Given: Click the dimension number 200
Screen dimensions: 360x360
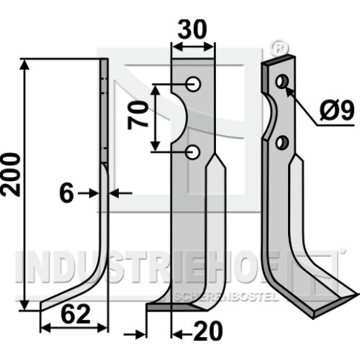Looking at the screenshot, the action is tap(10, 175).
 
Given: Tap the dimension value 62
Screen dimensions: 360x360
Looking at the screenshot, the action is tap(76, 314).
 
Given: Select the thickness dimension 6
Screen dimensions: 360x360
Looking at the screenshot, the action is tap(67, 194).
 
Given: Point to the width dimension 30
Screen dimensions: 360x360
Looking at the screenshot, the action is tap(192, 29).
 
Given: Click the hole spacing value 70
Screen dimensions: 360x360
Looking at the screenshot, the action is tap(137, 116).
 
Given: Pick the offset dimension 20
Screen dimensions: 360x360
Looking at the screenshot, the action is tap(208, 331).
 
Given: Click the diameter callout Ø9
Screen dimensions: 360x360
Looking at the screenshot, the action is tap(337, 111).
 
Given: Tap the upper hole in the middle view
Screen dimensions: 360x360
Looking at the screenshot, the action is tap(194, 85).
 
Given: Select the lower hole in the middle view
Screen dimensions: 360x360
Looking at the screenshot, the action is tap(193, 152).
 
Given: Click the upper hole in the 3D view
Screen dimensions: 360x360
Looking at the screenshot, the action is tap(282, 81).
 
